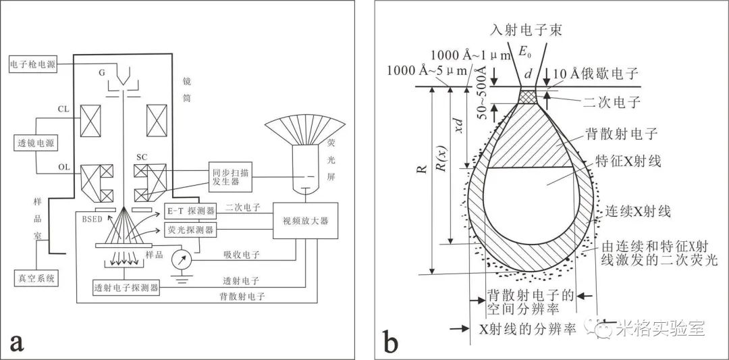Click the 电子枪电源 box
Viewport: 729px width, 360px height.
(32, 65)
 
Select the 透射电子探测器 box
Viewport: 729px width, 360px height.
(127, 288)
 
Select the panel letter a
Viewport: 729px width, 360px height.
(18, 341)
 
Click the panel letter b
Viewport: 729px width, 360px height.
(390, 341)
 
